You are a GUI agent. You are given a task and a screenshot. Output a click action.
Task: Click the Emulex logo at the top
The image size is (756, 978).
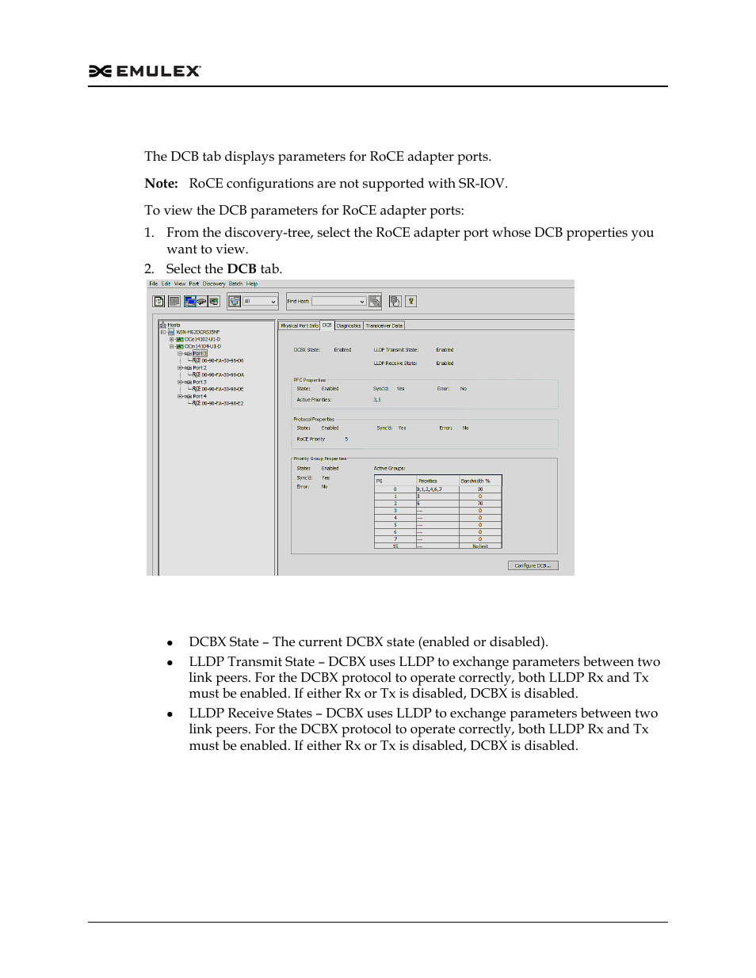pos(145,71)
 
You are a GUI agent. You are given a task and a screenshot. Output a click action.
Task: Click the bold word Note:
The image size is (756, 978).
pos(161,184)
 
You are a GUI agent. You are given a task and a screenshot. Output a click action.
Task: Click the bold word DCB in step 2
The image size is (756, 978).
pos(241,269)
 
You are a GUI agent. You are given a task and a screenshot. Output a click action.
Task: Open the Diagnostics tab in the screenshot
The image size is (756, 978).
pos(349,325)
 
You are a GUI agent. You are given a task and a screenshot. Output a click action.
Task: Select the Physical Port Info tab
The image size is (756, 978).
pos(299,325)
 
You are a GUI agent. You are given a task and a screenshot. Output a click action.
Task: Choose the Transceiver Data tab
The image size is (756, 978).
pos(384,325)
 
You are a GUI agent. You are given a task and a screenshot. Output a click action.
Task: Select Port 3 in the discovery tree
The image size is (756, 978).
pos(199,382)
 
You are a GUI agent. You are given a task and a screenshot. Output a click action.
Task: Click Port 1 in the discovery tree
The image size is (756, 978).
pos(199,354)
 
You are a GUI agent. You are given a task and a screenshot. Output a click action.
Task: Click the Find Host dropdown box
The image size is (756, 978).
pos(338,301)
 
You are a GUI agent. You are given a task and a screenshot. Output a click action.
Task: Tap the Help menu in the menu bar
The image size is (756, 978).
pos(252,284)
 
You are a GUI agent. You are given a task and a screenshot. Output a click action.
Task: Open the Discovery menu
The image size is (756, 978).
pos(214,284)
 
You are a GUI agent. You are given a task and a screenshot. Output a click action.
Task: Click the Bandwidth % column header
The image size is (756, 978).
pos(476,481)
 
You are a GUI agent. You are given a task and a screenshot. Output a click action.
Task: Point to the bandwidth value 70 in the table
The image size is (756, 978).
pos(480,504)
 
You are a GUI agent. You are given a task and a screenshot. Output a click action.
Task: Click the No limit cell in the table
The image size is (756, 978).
pos(480,546)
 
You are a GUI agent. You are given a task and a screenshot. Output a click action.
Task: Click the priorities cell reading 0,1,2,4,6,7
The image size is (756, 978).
pos(430,489)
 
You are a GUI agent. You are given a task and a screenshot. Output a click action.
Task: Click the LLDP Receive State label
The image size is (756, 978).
pos(395,363)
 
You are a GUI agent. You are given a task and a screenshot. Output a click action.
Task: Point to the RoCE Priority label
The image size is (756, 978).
pos(311,439)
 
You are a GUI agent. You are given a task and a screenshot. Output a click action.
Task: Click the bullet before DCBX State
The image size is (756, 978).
pos(170,643)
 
